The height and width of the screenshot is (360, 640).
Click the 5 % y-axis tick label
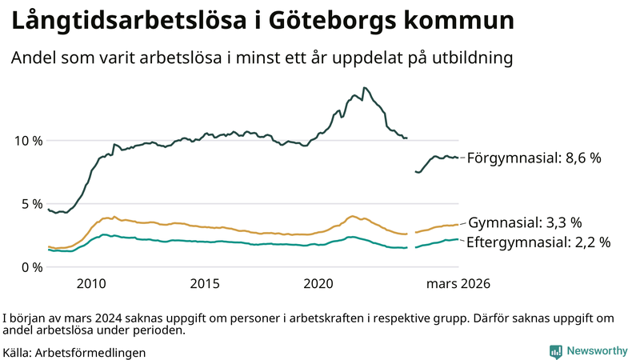(30, 204)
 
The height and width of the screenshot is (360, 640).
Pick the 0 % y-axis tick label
(30, 267)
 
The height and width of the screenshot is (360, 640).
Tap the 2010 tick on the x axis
(91, 284)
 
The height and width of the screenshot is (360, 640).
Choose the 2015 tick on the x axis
(205, 284)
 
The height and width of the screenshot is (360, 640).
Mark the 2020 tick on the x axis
(319, 284)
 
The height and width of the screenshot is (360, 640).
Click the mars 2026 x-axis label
(458, 284)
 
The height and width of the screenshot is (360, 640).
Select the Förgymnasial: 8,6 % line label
(534, 158)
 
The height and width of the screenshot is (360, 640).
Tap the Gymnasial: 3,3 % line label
(524, 222)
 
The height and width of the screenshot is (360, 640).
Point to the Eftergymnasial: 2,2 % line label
(538, 242)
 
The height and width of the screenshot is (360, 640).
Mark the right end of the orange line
(458, 225)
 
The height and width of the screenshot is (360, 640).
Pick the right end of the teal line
(458, 238)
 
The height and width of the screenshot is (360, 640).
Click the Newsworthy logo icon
(555, 351)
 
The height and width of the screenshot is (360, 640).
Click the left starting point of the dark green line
(49, 210)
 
